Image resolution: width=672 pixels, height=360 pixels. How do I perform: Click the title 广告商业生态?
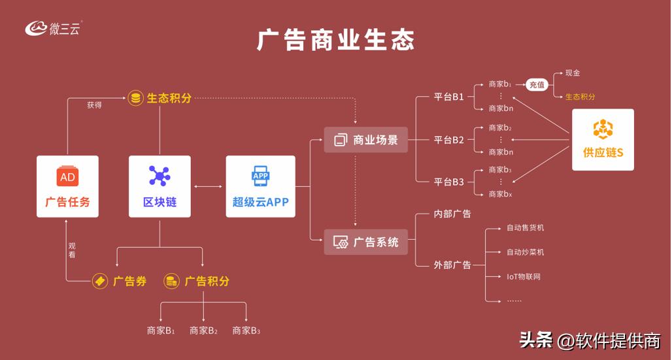tap(335, 41)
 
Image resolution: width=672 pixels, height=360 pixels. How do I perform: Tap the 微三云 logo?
tap(54, 28)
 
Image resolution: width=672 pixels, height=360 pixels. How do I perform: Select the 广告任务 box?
tap(67, 186)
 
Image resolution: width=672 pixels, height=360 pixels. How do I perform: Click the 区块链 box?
tap(160, 186)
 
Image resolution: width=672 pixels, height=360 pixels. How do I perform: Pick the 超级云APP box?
tap(260, 186)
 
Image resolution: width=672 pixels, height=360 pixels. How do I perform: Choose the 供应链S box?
tap(603, 140)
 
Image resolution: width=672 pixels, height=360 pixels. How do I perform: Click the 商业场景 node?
tap(365, 140)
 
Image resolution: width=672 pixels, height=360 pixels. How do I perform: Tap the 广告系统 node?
tap(365, 242)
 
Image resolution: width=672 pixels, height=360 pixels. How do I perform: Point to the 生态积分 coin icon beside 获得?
tap(135, 98)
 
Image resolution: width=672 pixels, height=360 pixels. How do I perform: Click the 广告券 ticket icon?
tap(100, 281)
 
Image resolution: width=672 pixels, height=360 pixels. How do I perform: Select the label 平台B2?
tap(449, 140)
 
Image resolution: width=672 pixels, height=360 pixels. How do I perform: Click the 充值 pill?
tap(537, 84)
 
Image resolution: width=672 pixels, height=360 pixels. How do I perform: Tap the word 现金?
tap(573, 73)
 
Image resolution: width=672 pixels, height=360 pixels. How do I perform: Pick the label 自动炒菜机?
tap(525, 252)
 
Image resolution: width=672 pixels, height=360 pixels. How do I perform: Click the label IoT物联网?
tap(524, 276)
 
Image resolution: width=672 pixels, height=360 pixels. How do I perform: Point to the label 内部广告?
tap(452, 214)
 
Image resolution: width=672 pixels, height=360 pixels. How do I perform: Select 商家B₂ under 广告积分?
tap(203, 331)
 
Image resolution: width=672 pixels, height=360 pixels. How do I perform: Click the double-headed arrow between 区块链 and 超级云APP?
tap(208, 187)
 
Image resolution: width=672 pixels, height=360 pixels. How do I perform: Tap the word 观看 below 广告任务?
tap(72, 250)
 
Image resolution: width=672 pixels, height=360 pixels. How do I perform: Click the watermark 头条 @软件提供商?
tap(590, 340)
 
